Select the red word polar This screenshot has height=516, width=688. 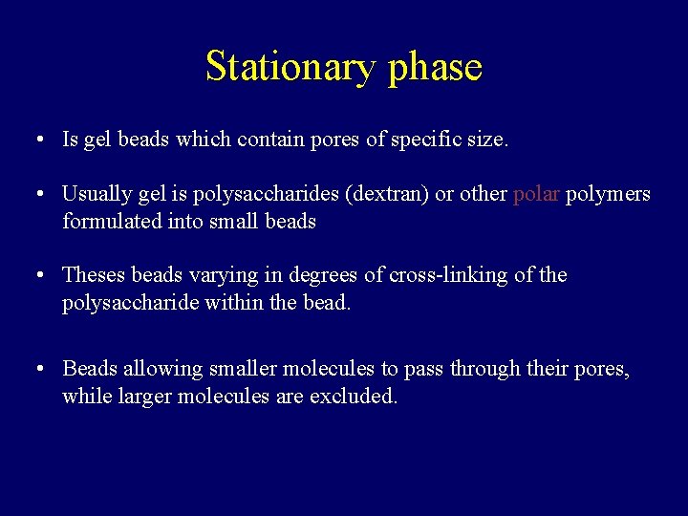tap(536, 194)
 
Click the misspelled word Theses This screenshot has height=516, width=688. tap(94, 275)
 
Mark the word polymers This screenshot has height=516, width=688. tap(608, 195)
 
